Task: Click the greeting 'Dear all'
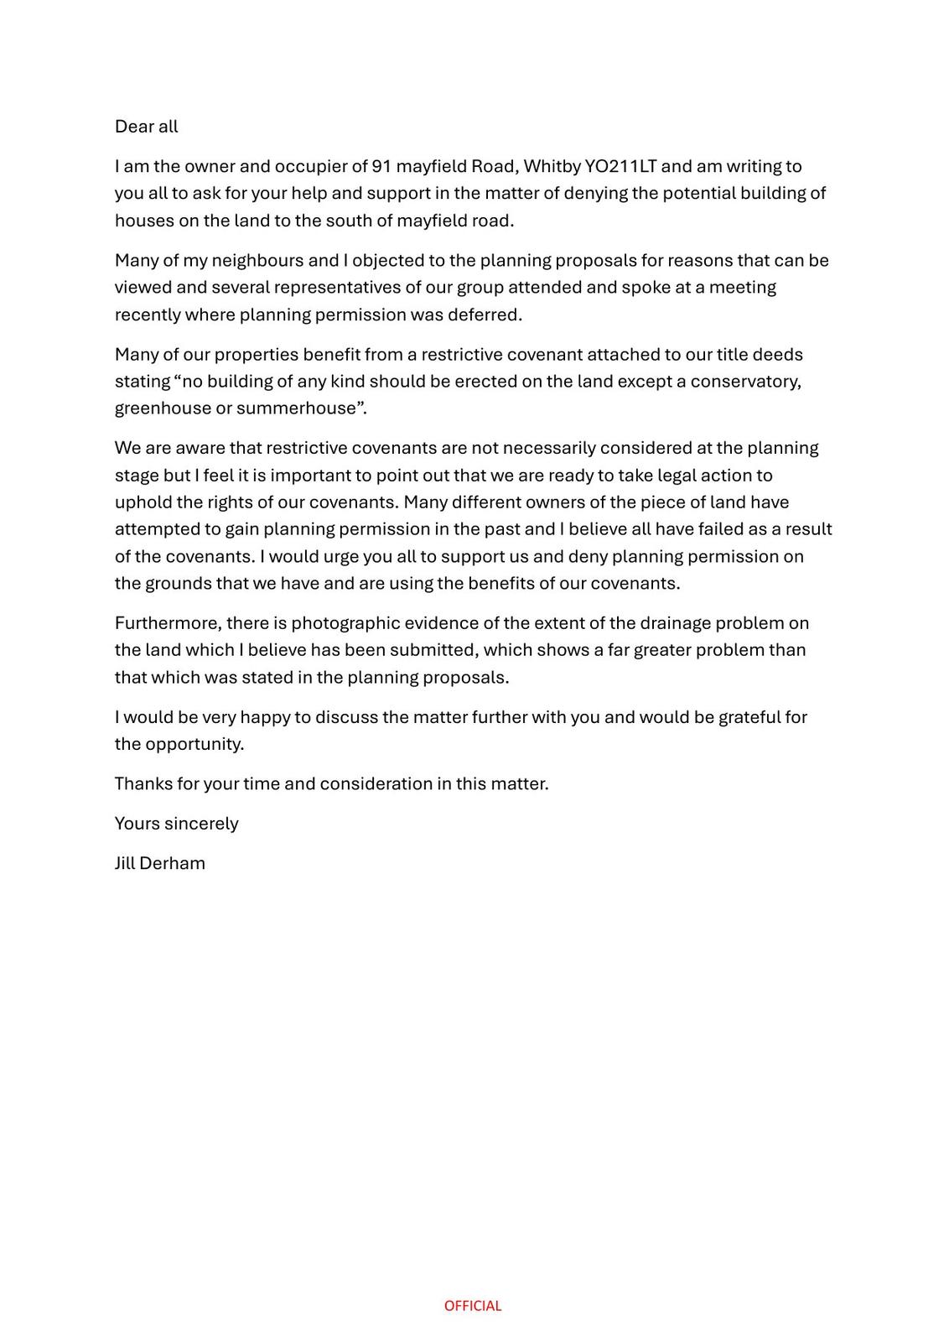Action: pos(146,127)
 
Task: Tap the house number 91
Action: pos(381,166)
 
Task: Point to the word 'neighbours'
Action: pos(257,260)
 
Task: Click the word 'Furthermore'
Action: pos(168,623)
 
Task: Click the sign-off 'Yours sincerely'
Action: pos(176,824)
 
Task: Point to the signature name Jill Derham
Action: pos(159,863)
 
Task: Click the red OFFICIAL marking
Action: pos(473,1306)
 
